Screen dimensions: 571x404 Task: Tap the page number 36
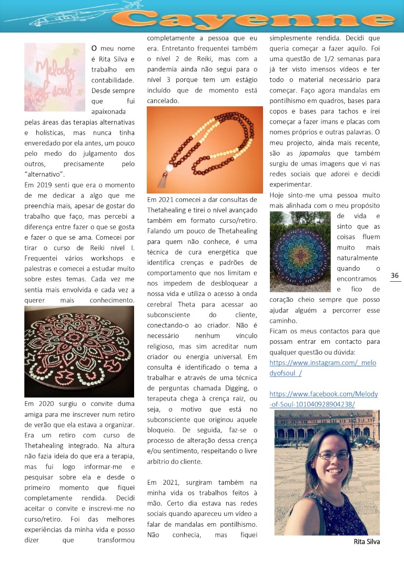pyautogui.click(x=395, y=276)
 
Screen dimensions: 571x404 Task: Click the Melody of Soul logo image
pyautogui.click(x=54, y=77)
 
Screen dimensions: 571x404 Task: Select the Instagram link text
pyautogui.click(x=322, y=368)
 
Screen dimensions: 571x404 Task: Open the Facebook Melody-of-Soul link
pyautogui.click(x=324, y=399)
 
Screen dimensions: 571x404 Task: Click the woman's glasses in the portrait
pyautogui.click(x=334, y=455)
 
